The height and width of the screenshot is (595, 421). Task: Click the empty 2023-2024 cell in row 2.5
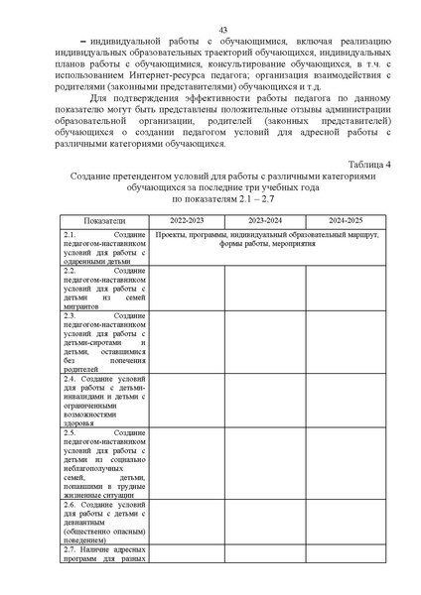[264, 466]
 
